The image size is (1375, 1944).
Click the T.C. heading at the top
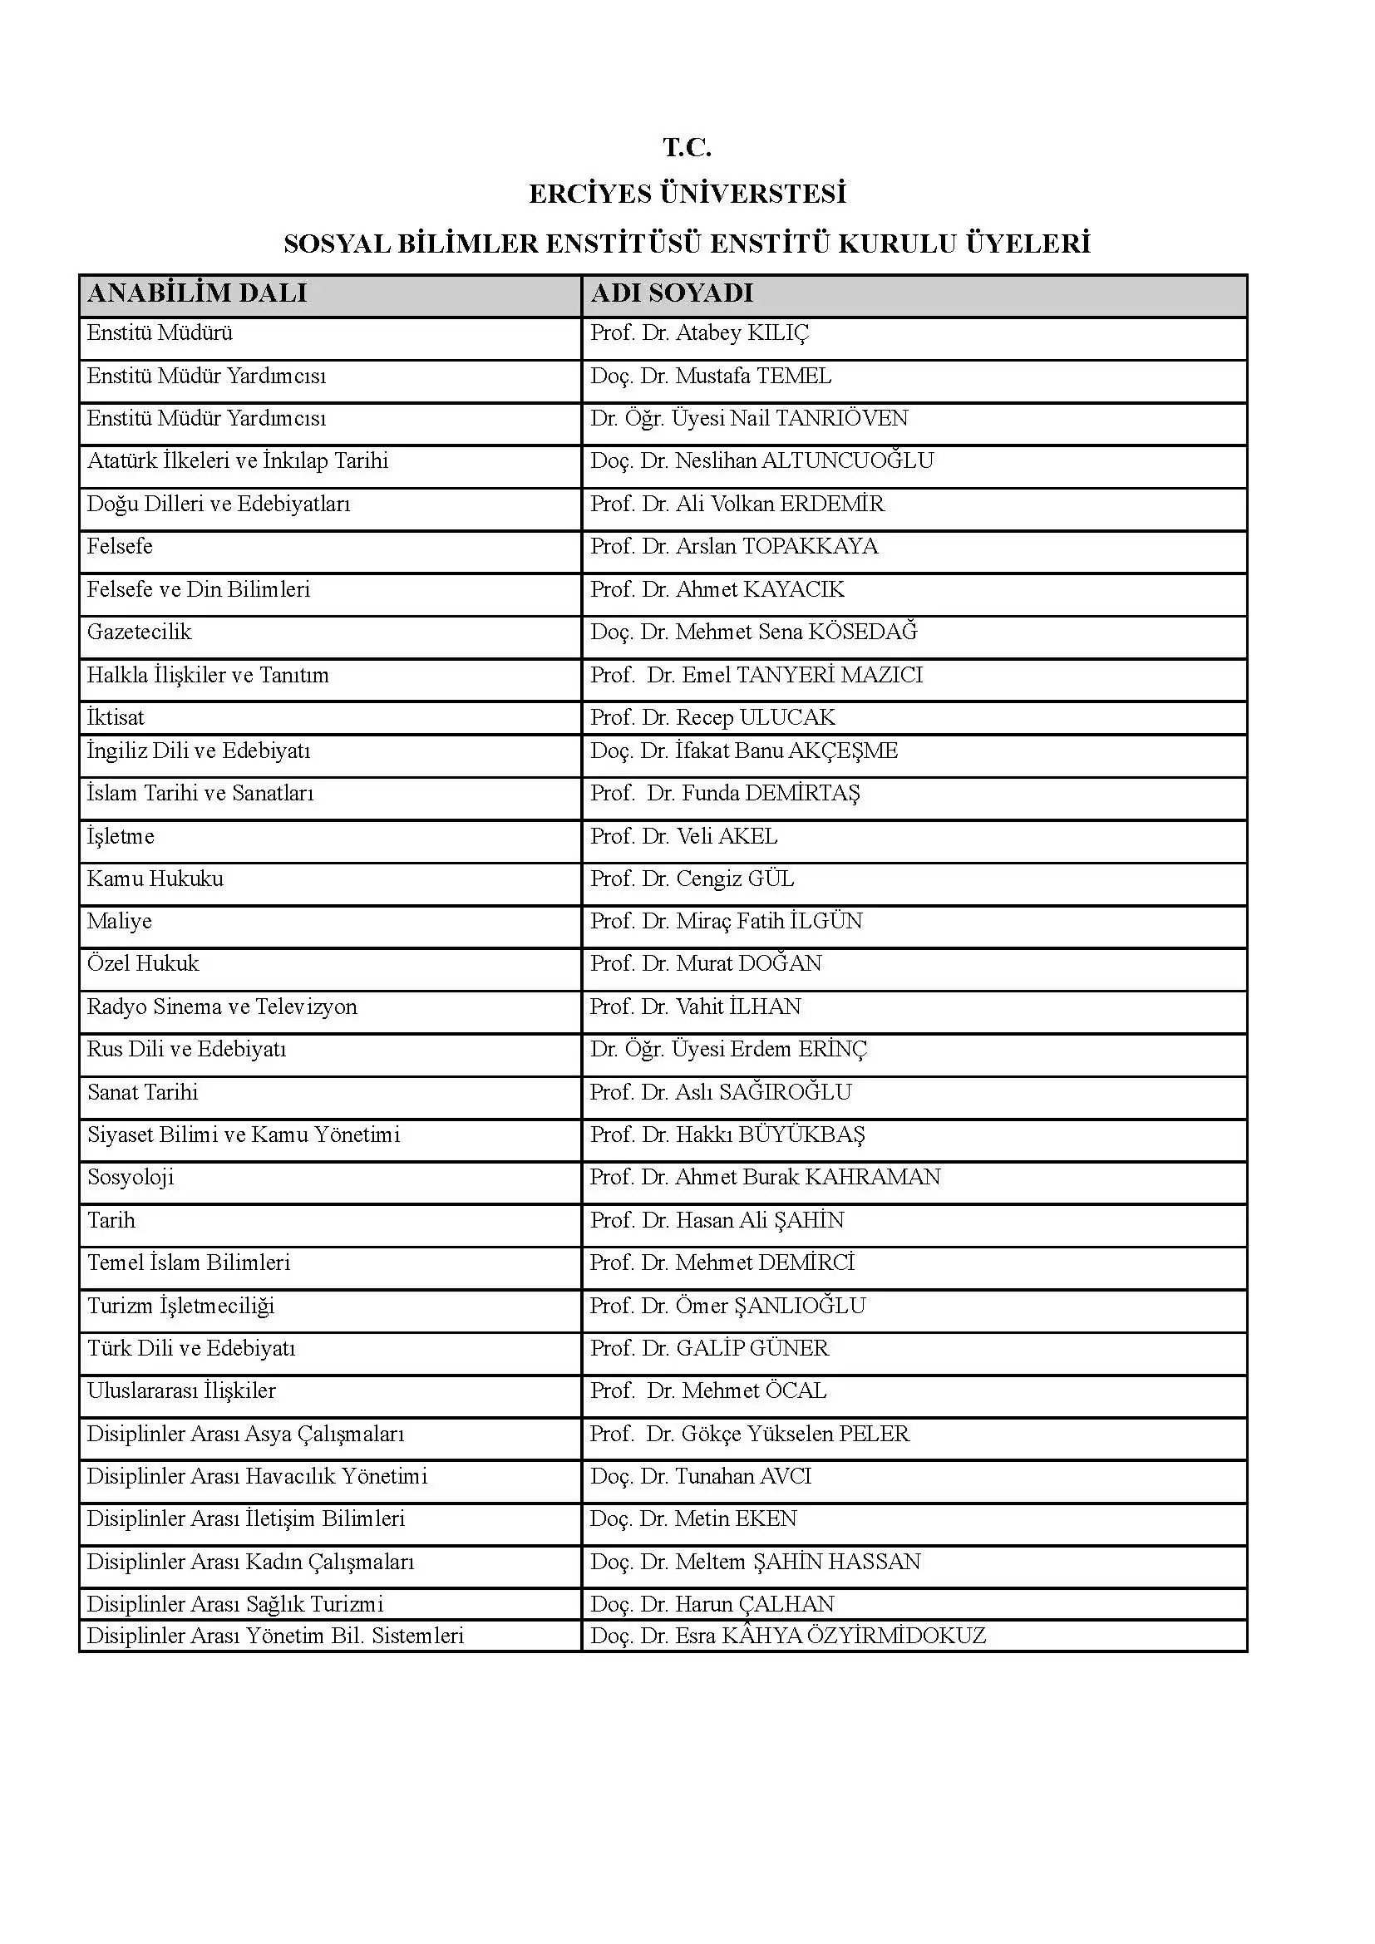click(687, 148)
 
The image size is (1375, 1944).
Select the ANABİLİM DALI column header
click(197, 293)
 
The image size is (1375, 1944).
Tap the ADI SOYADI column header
click(672, 293)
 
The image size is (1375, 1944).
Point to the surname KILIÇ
click(777, 333)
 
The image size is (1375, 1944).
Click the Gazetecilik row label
click(140, 632)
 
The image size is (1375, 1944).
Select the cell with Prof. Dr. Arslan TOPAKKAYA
click(734, 547)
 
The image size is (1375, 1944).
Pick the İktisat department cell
click(116, 718)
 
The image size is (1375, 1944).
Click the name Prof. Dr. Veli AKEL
click(683, 837)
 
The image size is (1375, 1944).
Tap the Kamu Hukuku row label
click(155, 878)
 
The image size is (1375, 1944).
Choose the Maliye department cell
click(120, 921)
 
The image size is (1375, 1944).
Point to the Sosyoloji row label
click(131, 1178)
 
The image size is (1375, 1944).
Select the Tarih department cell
click(111, 1221)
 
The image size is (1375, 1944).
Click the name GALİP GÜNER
click(752, 1349)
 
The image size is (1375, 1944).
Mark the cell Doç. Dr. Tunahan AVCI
click(700, 1477)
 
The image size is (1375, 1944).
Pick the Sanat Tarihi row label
click(142, 1093)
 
